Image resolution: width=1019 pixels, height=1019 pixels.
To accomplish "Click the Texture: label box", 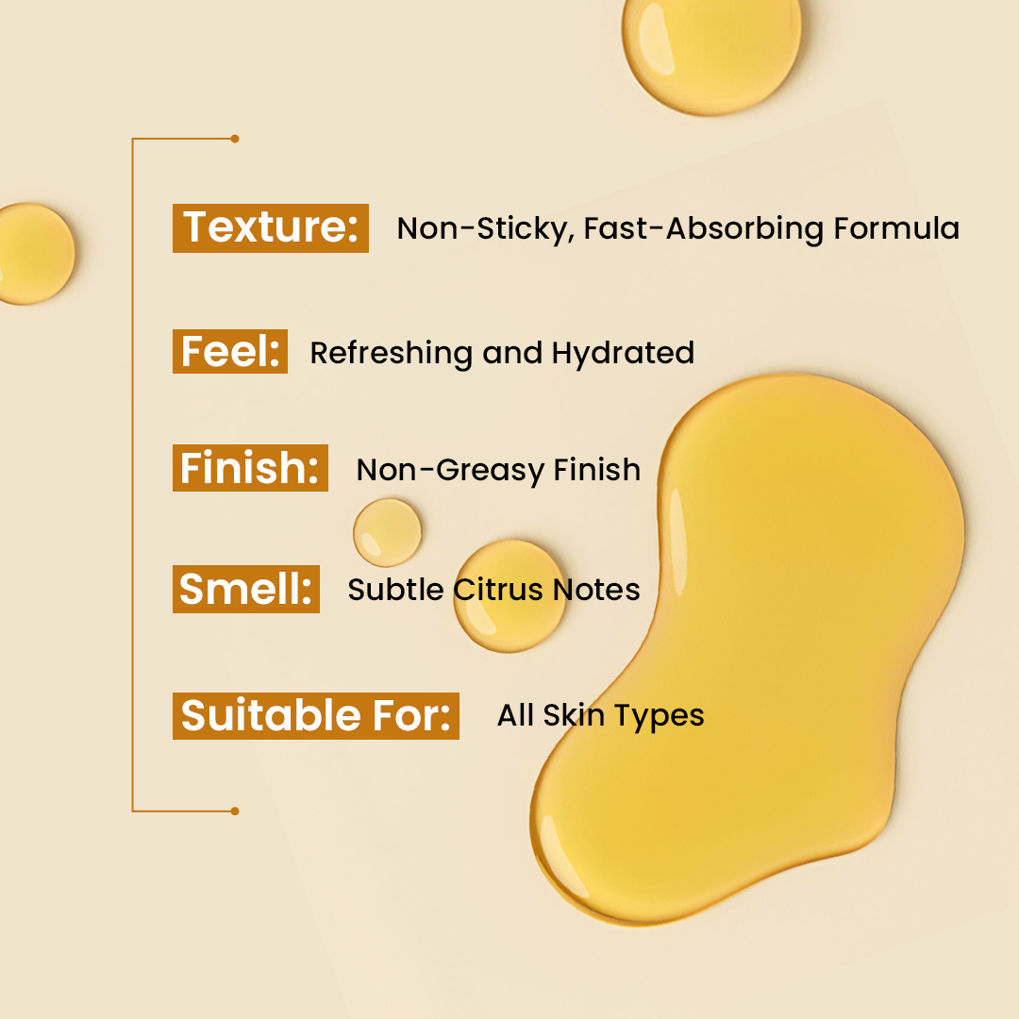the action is (271, 228).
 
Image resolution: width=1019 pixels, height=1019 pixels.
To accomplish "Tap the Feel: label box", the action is (230, 352).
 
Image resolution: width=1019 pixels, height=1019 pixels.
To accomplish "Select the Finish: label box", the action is (250, 468).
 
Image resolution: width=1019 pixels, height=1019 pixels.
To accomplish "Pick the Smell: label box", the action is (245, 589).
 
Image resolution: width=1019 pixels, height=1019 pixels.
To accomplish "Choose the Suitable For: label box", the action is (316, 716).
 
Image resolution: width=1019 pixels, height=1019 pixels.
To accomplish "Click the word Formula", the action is (896, 228).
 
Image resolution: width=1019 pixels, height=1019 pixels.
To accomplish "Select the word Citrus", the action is (498, 590).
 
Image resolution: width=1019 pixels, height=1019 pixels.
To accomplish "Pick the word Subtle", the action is (395, 590).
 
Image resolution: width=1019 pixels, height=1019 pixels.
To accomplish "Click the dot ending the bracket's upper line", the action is (235, 139).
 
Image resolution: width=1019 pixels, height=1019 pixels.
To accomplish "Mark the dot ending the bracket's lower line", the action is (235, 811).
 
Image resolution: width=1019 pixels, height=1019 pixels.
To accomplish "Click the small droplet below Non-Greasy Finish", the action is (388, 532).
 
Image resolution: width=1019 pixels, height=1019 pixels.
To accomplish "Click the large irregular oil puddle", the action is (747, 650).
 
